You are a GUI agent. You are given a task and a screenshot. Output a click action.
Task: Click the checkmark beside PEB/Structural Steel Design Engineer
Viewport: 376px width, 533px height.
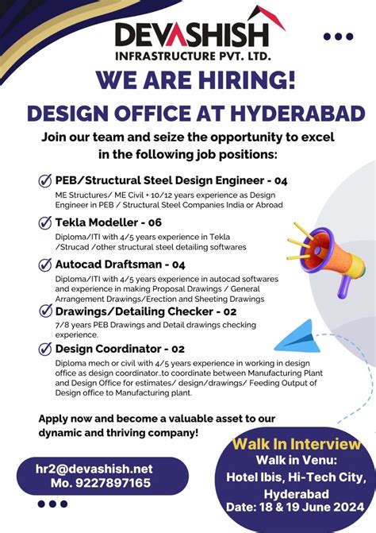(45, 180)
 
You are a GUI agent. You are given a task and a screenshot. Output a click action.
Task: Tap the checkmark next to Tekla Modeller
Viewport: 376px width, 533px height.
(45, 222)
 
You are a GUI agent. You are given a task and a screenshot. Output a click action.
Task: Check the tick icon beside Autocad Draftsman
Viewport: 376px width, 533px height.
(45, 265)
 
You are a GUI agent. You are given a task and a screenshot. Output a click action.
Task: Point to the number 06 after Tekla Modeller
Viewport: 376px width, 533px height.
(154, 222)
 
